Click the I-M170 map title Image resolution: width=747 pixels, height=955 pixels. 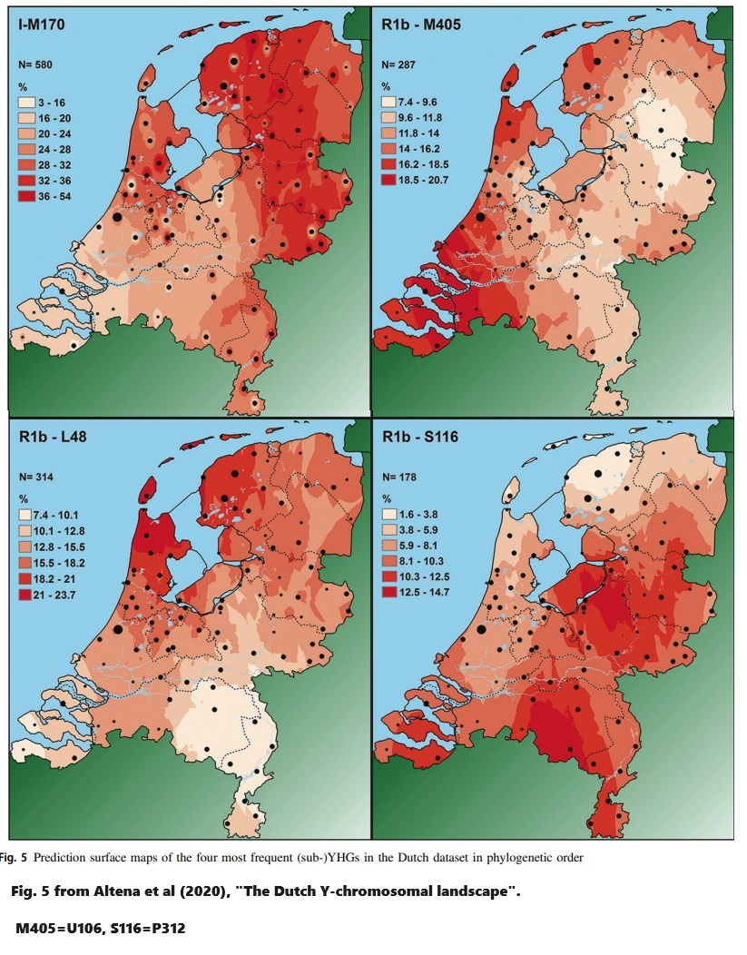click(47, 25)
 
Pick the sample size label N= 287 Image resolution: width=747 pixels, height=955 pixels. click(399, 65)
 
